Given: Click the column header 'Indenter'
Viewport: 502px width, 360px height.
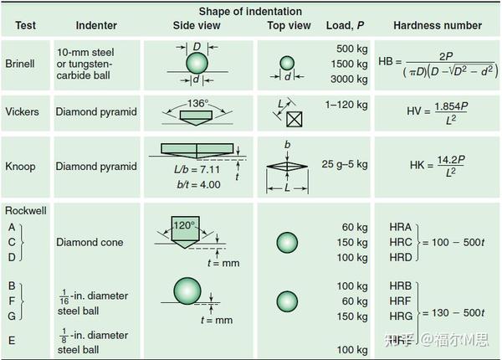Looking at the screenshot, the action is (x=96, y=25).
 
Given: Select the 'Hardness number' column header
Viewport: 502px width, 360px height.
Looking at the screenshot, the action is (x=438, y=25).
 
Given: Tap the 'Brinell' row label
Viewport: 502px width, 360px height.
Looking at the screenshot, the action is (x=20, y=64).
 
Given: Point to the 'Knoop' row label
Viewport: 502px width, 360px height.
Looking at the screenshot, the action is (x=20, y=167).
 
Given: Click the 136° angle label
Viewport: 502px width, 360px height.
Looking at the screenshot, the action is (x=197, y=103).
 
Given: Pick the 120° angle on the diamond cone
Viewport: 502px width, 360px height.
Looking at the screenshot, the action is (x=184, y=225).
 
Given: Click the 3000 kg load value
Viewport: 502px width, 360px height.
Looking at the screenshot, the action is (x=349, y=79).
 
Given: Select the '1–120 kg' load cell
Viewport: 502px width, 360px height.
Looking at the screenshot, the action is (x=346, y=105).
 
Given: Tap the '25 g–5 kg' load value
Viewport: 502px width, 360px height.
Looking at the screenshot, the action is (x=345, y=164).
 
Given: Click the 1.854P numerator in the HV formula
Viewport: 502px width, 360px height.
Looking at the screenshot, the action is (x=451, y=106).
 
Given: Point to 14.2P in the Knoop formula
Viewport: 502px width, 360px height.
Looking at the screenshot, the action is (x=451, y=160).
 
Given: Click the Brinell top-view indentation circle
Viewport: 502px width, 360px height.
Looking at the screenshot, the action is (x=287, y=63).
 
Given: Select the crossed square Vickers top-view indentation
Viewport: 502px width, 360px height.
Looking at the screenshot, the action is (x=295, y=119).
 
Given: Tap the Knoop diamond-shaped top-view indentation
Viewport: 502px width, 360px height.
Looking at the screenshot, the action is (x=287, y=167).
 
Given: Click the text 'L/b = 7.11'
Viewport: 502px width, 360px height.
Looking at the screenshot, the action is (x=197, y=169).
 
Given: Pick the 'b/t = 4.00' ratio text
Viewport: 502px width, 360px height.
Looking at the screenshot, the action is (x=198, y=184).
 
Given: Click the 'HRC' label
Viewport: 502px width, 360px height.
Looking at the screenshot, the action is (x=401, y=242).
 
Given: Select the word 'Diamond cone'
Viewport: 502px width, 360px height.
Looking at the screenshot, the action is (x=90, y=242).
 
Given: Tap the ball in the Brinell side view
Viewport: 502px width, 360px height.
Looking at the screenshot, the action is (x=197, y=63).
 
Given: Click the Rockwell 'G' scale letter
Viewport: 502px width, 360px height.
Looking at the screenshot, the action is (x=12, y=316).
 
